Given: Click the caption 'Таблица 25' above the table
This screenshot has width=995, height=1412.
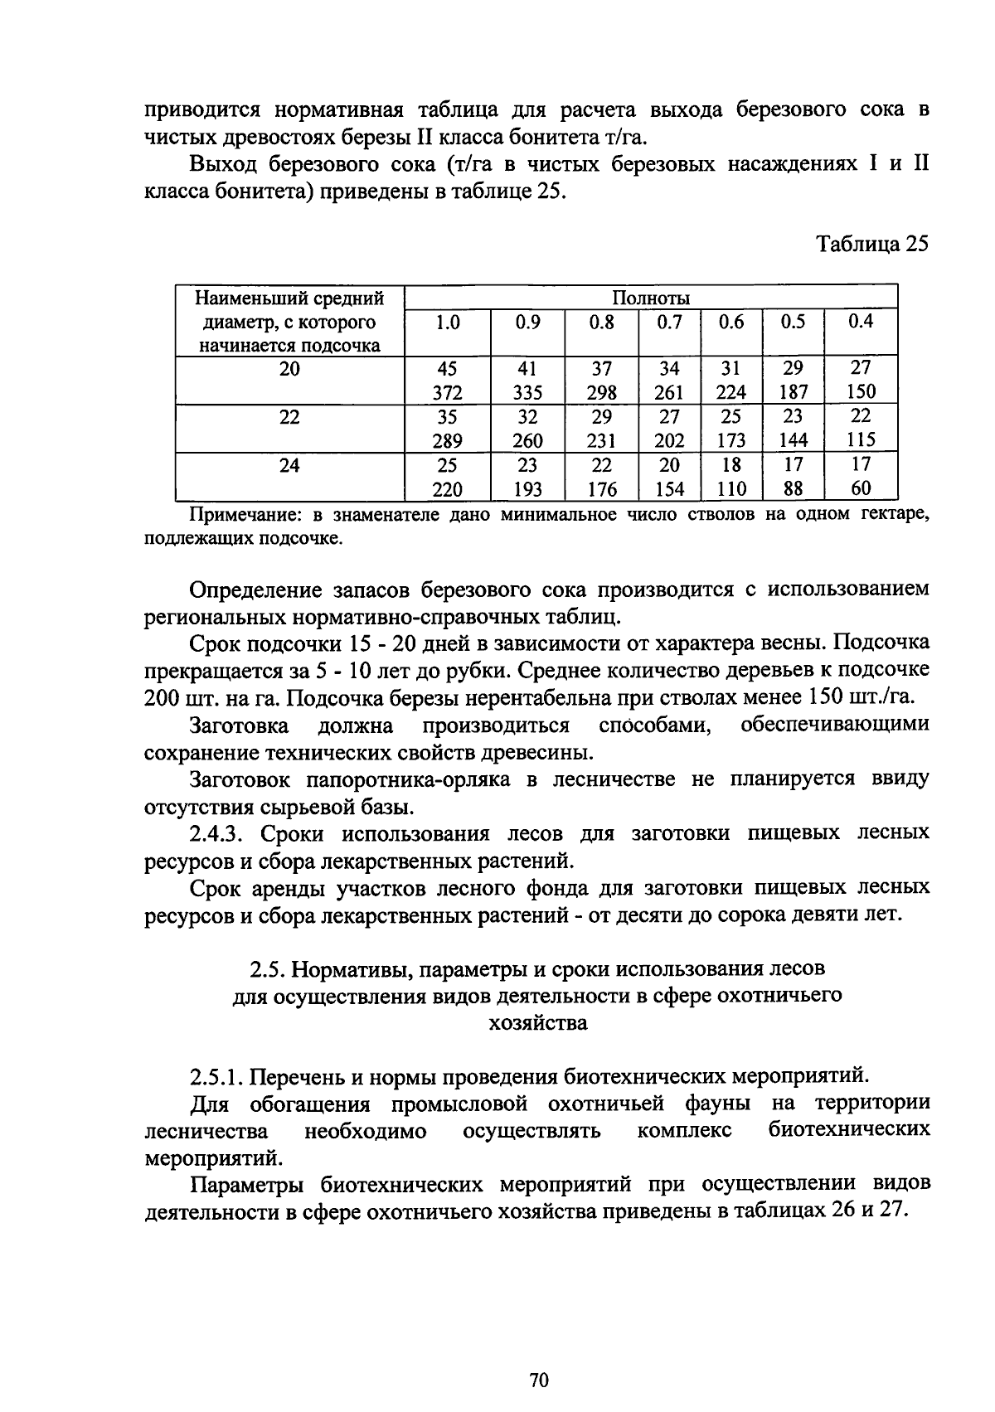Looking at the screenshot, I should coord(872,244).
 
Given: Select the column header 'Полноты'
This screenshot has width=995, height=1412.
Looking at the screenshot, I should coord(651,298).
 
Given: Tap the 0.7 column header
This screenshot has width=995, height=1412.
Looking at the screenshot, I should coord(669,322).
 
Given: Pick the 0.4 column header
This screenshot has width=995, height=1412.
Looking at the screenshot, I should coord(861,321).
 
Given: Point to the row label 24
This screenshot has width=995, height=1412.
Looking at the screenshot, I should coord(289,465).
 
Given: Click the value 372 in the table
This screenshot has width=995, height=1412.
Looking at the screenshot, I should coord(447,393).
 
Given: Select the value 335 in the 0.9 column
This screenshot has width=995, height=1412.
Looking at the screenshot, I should coord(527,393).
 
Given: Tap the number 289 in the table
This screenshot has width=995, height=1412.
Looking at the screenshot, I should coord(447,440).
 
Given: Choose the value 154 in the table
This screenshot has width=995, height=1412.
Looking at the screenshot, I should coord(669,489).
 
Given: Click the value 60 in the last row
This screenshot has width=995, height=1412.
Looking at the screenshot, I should coord(861,488).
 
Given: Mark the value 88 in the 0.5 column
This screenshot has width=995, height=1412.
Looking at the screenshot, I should coord(793,489).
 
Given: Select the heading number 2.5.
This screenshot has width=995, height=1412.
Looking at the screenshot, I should coord(268,968).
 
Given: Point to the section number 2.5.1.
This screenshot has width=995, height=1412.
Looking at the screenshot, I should coord(216,1076).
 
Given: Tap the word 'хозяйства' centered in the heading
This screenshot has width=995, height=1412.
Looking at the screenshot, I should coord(538,1023).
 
